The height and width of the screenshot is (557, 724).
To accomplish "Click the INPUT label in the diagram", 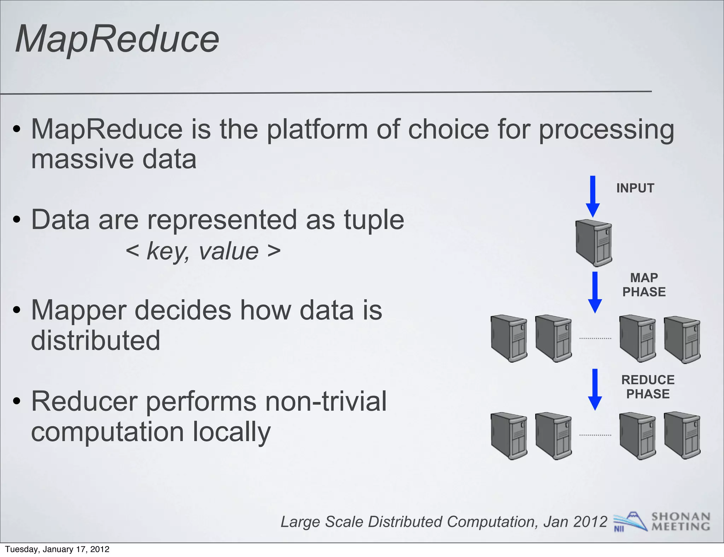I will (635, 188).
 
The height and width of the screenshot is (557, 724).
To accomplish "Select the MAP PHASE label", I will (644, 285).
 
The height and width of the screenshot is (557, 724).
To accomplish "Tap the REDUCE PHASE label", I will (648, 387).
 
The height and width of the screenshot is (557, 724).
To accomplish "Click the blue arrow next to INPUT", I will (593, 196).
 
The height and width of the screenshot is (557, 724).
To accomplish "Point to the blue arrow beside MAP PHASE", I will (595, 292).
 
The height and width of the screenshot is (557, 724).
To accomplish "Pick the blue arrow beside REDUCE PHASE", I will (595, 389).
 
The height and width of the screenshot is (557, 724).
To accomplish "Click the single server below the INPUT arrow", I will (594, 243).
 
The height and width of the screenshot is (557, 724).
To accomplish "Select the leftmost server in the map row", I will (509, 339).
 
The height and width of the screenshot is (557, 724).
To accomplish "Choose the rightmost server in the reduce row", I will (682, 435).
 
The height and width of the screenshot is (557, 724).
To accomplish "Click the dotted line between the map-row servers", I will (595, 339).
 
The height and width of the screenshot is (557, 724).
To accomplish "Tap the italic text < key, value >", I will (203, 251).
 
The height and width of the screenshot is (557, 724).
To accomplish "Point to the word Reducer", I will (84, 401).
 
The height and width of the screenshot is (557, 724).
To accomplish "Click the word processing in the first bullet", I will (606, 130).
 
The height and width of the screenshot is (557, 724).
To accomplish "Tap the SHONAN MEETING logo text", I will (681, 522).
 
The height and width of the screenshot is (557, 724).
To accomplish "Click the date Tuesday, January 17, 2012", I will (57, 549).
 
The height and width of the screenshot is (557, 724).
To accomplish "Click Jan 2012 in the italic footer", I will (575, 522).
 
